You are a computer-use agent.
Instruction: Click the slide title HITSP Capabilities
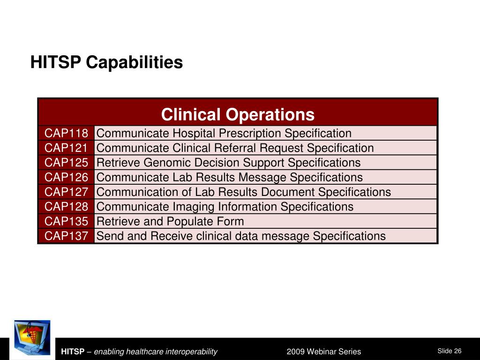(106, 62)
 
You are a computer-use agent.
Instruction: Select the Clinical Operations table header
(238, 114)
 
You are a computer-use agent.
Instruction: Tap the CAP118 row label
(66, 133)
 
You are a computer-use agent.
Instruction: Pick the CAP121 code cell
(66, 148)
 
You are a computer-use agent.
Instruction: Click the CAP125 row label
(66, 163)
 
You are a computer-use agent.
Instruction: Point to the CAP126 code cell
(66, 177)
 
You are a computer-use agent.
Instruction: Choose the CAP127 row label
(66, 192)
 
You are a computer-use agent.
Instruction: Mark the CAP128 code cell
(66, 207)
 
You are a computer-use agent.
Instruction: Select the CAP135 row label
(66, 221)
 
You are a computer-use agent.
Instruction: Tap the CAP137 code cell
(66, 236)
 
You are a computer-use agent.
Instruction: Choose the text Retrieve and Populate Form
(170, 222)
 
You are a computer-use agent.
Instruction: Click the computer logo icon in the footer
(32, 338)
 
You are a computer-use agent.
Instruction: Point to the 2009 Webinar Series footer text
(324, 352)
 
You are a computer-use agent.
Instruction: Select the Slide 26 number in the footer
(450, 351)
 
